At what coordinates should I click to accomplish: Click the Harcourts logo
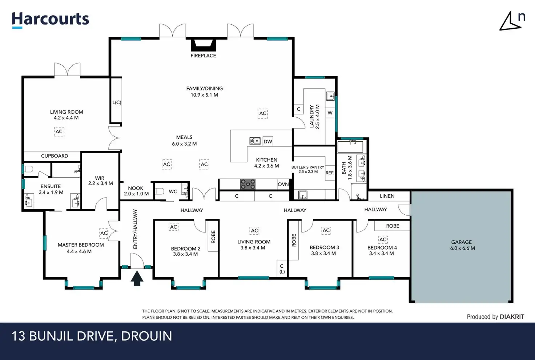tap(51, 20)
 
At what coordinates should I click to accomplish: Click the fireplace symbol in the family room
tap(204, 45)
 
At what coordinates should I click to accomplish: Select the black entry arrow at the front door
tap(137, 278)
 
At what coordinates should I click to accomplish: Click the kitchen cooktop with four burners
tap(248, 184)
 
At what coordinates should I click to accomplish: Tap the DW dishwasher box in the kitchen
tap(268, 142)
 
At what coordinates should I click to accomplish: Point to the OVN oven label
tap(283, 184)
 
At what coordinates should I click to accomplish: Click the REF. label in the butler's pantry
tap(330, 173)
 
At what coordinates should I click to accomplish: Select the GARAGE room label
tap(462, 242)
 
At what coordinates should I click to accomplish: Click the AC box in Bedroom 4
tap(383, 239)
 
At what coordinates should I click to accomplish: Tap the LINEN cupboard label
tap(387, 196)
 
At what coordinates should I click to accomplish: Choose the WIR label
tap(100, 178)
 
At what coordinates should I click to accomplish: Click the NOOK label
tap(136, 188)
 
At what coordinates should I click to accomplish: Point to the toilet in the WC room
tap(160, 191)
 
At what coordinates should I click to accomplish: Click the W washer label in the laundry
tap(330, 113)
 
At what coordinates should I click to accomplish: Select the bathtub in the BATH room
tap(350, 146)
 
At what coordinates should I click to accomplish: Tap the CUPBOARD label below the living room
tap(55, 156)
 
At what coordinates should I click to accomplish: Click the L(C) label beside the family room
tap(117, 102)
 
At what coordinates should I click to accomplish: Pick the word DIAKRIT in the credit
tap(512, 317)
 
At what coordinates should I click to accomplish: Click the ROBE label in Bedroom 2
tap(213, 236)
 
